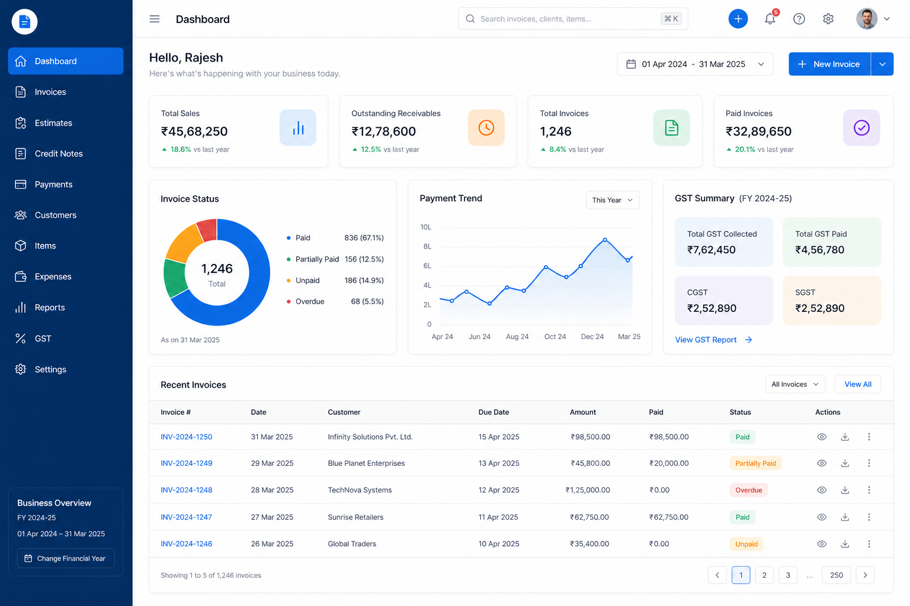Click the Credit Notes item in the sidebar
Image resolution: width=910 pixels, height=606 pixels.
59,153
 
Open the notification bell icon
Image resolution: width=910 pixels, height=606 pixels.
770,19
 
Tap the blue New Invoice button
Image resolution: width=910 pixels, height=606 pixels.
829,64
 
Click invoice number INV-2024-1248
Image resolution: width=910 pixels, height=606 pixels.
187,490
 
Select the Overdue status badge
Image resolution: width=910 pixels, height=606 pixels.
748,490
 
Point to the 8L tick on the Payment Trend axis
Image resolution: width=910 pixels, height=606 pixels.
427,246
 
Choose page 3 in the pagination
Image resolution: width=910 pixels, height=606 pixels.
788,575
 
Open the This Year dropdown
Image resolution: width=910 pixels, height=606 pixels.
612,199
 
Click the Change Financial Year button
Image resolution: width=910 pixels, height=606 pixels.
66,558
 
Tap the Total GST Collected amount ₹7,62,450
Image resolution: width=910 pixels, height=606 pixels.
711,250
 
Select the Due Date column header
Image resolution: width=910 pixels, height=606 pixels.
494,412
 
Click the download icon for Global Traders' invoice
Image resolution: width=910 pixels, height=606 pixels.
845,543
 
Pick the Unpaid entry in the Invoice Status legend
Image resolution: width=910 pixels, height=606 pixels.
307,280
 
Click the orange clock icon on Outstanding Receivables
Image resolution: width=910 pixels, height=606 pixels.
486,127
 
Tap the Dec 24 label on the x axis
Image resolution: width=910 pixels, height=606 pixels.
592,337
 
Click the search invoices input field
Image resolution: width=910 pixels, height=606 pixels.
573,19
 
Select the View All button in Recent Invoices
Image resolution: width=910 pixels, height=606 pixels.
858,384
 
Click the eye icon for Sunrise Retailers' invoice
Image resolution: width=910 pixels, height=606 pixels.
822,517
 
